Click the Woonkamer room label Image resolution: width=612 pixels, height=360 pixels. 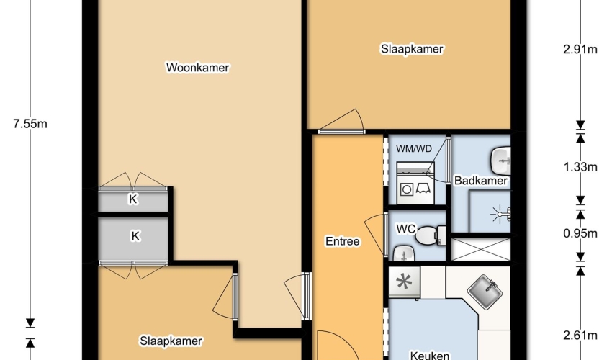click(198, 68)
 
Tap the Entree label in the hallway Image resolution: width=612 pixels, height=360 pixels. click(342, 241)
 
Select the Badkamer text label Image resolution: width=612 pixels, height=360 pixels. click(481, 181)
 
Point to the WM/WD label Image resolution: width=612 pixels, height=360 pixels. click(414, 149)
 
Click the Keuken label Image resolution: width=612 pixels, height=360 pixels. click(429, 354)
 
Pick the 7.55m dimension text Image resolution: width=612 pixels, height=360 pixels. click(30, 124)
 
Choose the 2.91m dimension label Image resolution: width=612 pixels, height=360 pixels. click(580, 50)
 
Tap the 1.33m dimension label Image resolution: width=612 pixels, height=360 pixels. click(580, 167)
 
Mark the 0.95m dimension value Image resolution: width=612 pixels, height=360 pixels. click(580, 233)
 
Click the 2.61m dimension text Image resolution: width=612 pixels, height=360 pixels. click(580, 335)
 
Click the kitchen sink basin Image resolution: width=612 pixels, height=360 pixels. click(485, 292)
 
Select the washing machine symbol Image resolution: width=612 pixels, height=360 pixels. click(415, 183)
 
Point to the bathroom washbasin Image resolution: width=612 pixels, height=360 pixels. click(501, 161)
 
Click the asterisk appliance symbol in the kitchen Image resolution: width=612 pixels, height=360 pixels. click(404, 282)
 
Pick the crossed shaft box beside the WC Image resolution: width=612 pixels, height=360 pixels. click(480, 249)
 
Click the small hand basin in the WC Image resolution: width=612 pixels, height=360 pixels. click(404, 253)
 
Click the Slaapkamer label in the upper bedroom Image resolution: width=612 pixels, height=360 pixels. click(412, 49)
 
